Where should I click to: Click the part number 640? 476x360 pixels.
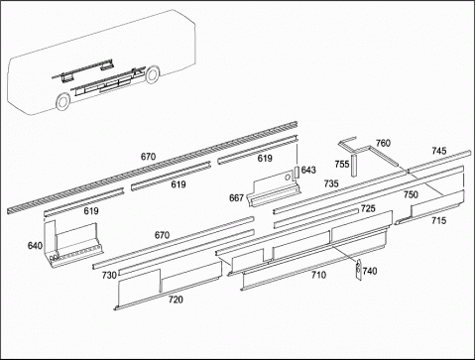[35, 246]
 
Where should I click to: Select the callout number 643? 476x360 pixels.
[308, 170]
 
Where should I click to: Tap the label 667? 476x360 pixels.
[236, 197]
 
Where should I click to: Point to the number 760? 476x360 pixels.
[383, 143]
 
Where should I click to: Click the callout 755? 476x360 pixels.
[342, 164]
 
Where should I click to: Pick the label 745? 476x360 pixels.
[439, 151]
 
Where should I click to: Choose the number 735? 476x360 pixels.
[331, 183]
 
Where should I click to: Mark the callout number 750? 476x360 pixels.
[411, 194]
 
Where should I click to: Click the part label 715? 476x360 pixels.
[438, 220]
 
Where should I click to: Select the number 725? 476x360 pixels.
[368, 208]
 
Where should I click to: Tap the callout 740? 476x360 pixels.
[370, 271]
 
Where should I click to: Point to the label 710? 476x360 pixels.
[318, 275]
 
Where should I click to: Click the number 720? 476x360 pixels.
[176, 300]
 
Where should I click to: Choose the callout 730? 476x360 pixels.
[109, 275]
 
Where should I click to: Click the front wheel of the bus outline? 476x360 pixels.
[62, 101]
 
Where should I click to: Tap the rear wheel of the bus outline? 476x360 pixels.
[153, 74]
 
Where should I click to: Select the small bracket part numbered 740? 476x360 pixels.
[358, 270]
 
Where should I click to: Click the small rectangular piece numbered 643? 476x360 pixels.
[297, 173]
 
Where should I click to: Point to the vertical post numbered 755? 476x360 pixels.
[354, 166]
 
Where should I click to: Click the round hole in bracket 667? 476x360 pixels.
[288, 178]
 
